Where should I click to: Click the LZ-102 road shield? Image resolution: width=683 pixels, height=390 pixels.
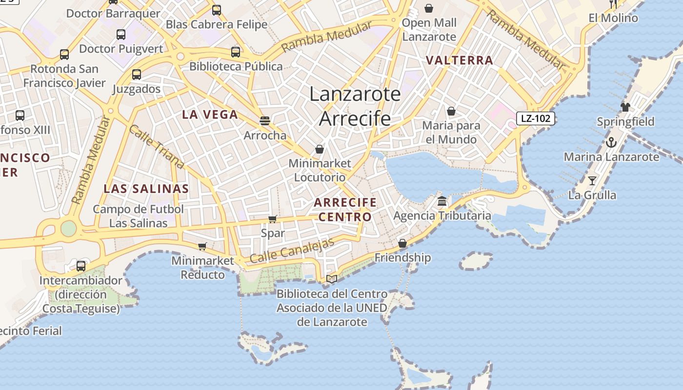pos(536,118)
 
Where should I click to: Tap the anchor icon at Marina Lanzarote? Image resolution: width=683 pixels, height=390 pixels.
pos(611,142)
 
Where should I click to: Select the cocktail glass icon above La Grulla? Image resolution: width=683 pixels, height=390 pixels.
pos(592,181)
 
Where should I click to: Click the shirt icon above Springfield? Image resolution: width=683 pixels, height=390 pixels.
pos(625,107)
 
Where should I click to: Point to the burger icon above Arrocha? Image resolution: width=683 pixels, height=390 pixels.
pos(265,120)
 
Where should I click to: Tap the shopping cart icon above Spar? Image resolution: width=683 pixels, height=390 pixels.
pos(273,219)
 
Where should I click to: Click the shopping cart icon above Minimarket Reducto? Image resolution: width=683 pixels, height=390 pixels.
pos(202,246)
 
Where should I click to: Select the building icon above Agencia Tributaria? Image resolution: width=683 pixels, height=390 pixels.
pos(442,201)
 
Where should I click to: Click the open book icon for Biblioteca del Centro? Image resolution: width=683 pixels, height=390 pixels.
pos(332,279)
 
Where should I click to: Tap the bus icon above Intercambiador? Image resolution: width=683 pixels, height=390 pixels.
pos(81,266)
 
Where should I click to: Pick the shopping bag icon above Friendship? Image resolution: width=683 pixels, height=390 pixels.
pos(402,243)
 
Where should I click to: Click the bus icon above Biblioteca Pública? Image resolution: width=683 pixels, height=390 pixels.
pos(236,52)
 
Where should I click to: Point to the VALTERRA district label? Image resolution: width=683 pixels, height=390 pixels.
pos(460,60)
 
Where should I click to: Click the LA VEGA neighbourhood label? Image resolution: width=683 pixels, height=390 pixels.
pos(210,115)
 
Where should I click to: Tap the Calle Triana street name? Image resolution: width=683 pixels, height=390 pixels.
pos(156,147)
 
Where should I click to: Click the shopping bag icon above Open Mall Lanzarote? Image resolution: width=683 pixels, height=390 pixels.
pos(429,8)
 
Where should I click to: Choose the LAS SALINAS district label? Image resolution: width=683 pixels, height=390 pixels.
pos(146,189)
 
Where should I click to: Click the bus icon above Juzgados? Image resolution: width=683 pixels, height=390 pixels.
pos(137,75)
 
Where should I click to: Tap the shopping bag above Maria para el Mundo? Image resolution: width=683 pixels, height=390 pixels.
pos(451,111)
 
